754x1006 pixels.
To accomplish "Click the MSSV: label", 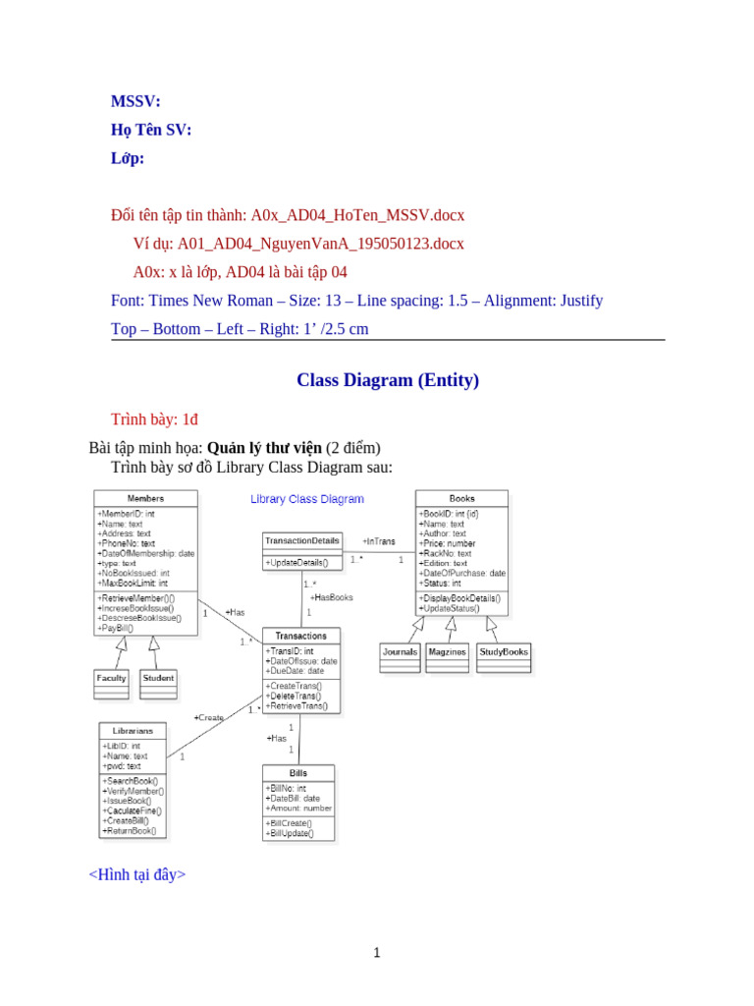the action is click(136, 101).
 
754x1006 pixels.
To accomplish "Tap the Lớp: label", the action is click(128, 158).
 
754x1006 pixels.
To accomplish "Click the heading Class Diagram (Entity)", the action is click(388, 379).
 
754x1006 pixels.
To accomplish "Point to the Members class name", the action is click(146, 498).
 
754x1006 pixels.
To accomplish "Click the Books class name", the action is click(461, 498).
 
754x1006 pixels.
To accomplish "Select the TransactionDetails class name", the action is click(301, 540).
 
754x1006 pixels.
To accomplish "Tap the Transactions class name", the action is click(300, 636).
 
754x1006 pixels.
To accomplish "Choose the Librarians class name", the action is click(133, 730).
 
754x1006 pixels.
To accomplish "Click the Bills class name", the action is click(298, 773).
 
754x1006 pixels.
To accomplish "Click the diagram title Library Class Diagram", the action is click(307, 499).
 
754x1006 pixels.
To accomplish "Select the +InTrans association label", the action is click(379, 541).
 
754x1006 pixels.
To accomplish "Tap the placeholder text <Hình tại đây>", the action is click(137, 874).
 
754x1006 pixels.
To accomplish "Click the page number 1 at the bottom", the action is click(376, 952).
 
